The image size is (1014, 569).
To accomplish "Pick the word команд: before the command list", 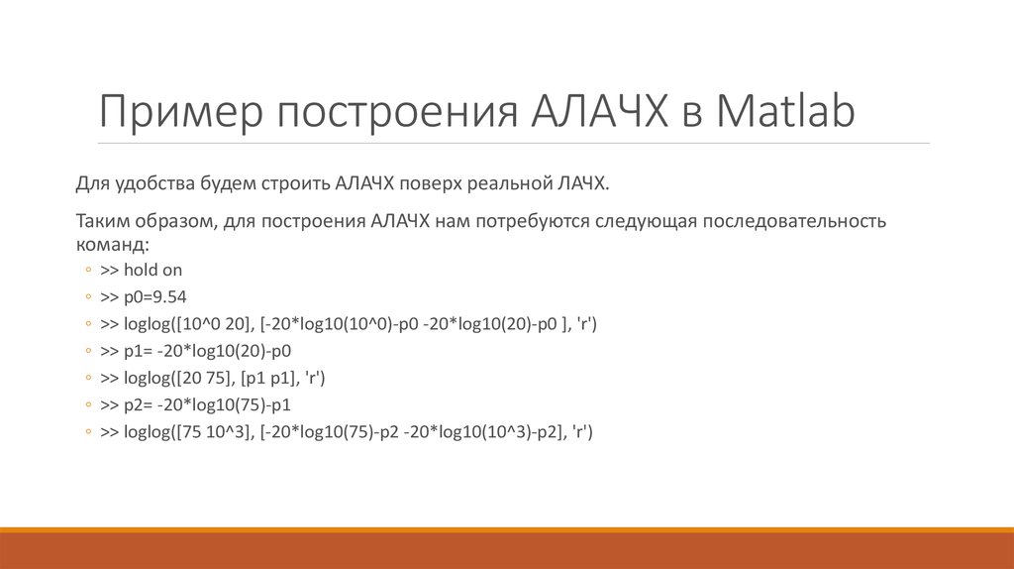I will point(112,244).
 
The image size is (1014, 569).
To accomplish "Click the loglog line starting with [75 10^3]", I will point(346,432).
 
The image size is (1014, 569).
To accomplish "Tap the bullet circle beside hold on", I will point(90,271).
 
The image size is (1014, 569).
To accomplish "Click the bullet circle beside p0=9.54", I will point(90,297).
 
